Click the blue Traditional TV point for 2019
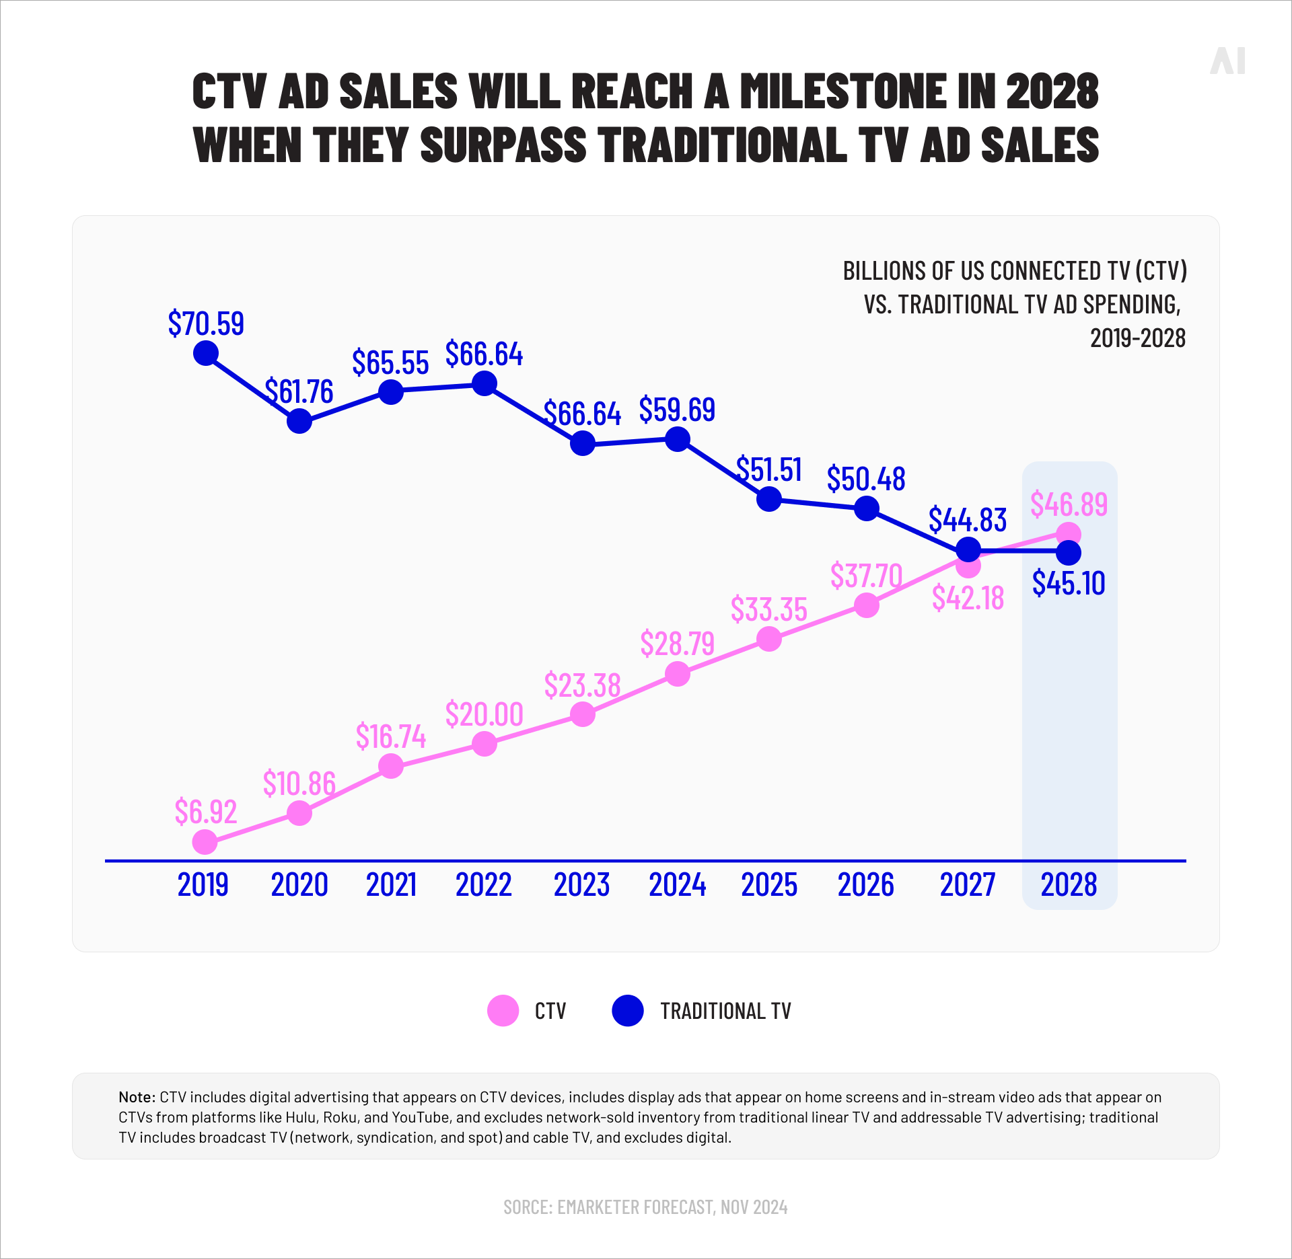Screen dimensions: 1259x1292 (x=206, y=353)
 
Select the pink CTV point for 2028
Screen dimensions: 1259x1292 (x=1069, y=535)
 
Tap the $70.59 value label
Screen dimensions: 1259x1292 (x=206, y=323)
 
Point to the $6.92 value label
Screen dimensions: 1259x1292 (x=206, y=812)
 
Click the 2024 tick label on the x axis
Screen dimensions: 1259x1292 (x=677, y=884)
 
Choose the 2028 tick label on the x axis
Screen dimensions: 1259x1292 (x=1069, y=884)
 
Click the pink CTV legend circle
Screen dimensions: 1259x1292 (x=503, y=1011)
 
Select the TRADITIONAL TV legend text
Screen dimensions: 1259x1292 (x=725, y=1011)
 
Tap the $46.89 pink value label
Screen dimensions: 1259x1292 (x=1069, y=504)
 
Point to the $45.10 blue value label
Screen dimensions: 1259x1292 (x=1069, y=583)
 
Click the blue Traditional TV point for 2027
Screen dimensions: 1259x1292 (x=968, y=549)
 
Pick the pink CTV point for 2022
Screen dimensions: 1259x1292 (x=485, y=744)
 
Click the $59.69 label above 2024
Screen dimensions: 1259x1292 (x=677, y=410)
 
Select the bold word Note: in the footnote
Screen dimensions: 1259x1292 (x=137, y=1097)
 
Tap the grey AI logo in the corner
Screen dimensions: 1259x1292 (x=1227, y=61)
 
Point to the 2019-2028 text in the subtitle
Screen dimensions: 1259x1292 (x=1137, y=338)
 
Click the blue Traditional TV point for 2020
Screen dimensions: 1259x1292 (x=299, y=422)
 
